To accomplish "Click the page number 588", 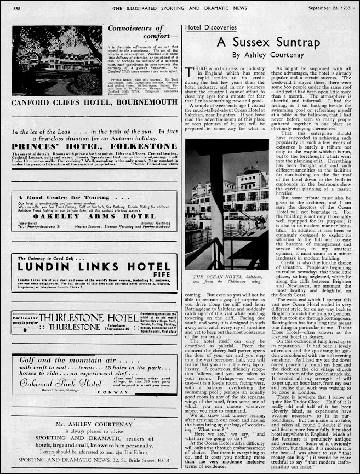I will (17, 9).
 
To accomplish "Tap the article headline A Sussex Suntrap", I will (266, 42).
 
